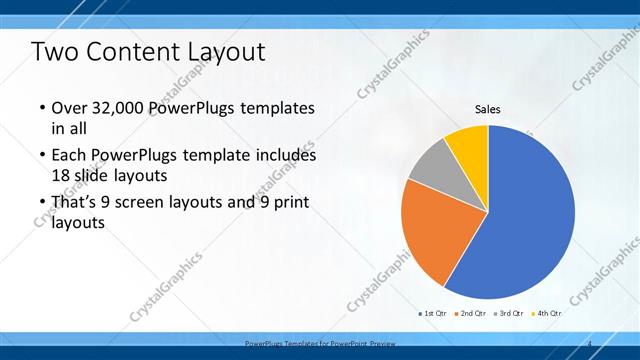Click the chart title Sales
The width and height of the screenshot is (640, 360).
click(x=487, y=109)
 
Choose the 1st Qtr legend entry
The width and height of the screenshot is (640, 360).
click(x=433, y=314)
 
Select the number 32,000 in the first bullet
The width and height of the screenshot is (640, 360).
click(x=121, y=108)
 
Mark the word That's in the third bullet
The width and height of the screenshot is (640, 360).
click(x=77, y=203)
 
